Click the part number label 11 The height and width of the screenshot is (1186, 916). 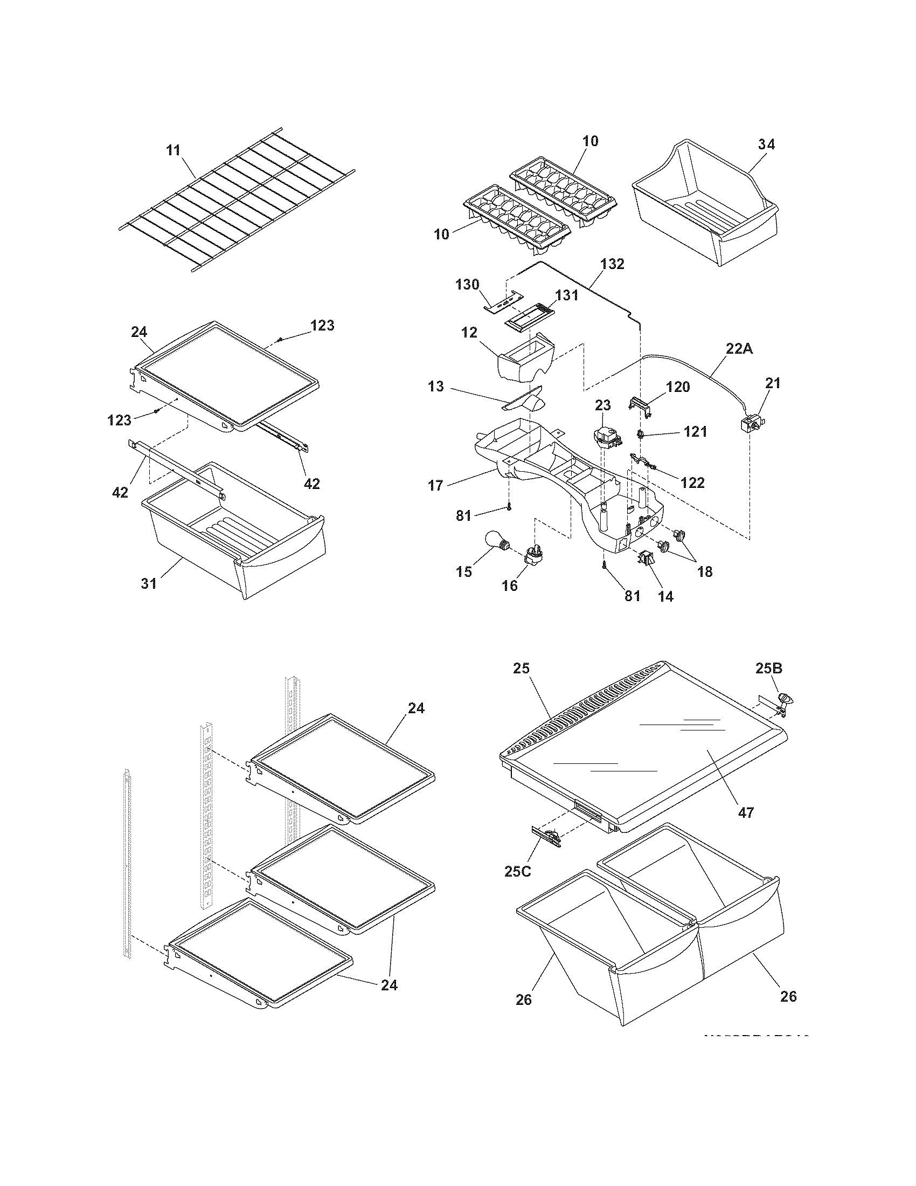(173, 150)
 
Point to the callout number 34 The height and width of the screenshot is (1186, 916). (766, 144)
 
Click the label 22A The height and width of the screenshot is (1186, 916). (739, 349)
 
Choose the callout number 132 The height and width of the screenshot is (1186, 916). (612, 264)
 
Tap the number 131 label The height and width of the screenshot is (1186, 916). (566, 295)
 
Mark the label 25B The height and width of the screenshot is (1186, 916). (769, 668)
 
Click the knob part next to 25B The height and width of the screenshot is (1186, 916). (785, 699)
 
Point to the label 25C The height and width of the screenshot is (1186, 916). (518, 871)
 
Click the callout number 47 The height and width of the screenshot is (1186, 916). (746, 812)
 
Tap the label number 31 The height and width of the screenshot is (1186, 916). (149, 583)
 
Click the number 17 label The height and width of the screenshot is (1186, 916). (436, 485)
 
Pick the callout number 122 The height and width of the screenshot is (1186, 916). (693, 482)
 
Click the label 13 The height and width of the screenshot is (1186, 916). (436, 387)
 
